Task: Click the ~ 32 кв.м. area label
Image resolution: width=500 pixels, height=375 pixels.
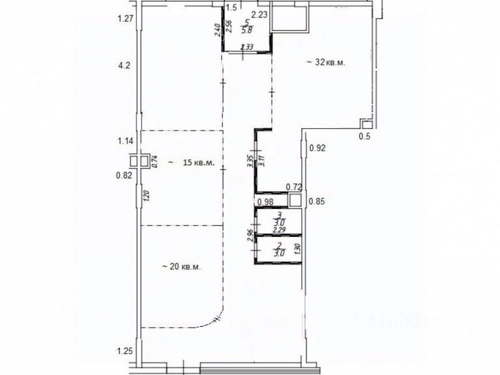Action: click(328, 63)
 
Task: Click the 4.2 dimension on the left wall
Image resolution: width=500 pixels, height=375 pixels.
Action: click(123, 66)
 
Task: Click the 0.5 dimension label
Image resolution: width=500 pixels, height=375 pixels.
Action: click(364, 137)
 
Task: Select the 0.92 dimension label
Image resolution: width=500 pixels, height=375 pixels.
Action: click(317, 148)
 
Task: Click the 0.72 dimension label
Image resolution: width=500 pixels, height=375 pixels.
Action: click(293, 186)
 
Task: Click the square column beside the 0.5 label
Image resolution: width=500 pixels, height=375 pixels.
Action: click(366, 125)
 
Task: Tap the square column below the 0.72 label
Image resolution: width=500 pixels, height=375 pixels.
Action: click(295, 200)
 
